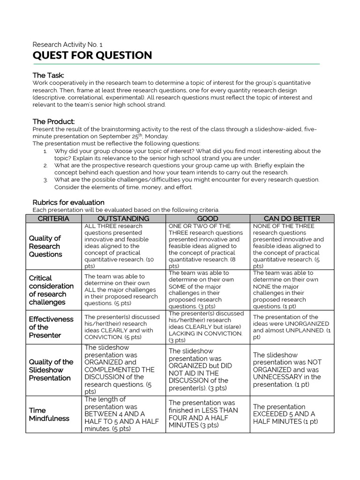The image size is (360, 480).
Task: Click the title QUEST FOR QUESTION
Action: (92, 55)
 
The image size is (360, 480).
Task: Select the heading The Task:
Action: (48, 75)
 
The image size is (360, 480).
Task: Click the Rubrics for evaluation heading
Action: (68, 202)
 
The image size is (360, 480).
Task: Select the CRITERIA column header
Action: (53, 218)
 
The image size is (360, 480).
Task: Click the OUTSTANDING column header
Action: (123, 218)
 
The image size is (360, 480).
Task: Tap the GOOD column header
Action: (208, 218)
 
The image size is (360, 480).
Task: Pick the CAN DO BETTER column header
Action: (292, 218)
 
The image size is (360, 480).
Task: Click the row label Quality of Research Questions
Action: (45, 246)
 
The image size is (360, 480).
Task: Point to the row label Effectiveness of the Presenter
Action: (51, 327)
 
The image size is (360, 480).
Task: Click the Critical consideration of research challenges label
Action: (51, 290)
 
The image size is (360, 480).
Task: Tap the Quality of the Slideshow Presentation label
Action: (51, 370)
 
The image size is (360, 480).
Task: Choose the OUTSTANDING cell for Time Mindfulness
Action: (123, 414)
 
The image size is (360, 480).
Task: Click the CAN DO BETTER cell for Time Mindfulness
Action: (292, 414)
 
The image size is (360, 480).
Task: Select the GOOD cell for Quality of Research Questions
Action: (208, 246)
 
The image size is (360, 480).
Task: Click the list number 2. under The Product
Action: (45, 165)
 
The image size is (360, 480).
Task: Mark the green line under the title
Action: (176, 64)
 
